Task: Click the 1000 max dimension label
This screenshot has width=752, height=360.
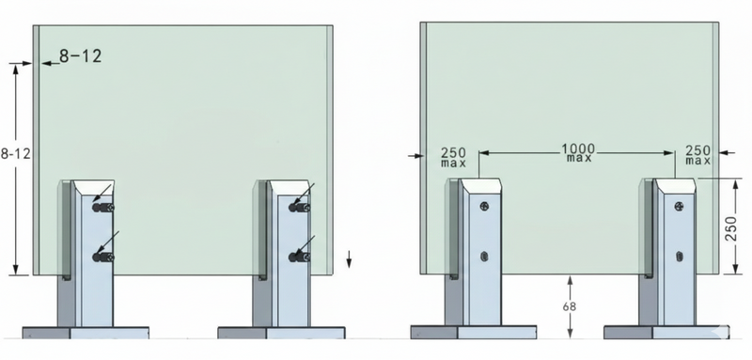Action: tap(577, 152)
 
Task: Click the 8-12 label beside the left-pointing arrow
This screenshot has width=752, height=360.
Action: tap(79, 56)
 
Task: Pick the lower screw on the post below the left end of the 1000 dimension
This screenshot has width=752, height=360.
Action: tap(485, 255)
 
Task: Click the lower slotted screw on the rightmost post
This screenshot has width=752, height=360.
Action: tap(679, 255)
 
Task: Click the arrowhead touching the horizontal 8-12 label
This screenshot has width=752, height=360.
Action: tap(45, 63)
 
